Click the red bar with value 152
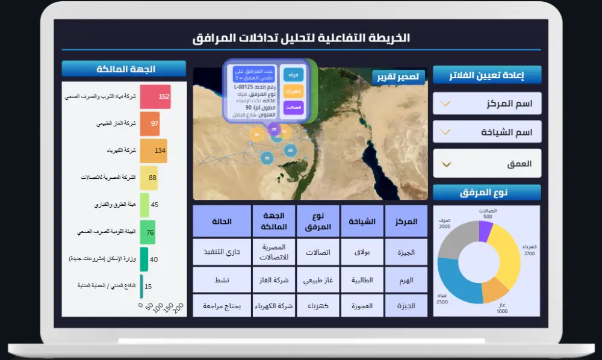click(155, 96)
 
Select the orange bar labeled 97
click(150, 123)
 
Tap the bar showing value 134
click(154, 151)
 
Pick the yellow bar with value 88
click(149, 178)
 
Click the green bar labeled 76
click(147, 232)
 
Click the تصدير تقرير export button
click(399, 77)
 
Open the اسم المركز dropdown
click(487, 104)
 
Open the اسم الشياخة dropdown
click(487, 131)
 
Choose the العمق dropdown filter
click(487, 164)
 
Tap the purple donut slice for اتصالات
click(485, 232)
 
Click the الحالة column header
click(222, 221)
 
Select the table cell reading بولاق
click(362, 252)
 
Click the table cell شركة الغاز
click(273, 280)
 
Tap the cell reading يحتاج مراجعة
click(222, 306)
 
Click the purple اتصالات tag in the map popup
click(293, 107)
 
